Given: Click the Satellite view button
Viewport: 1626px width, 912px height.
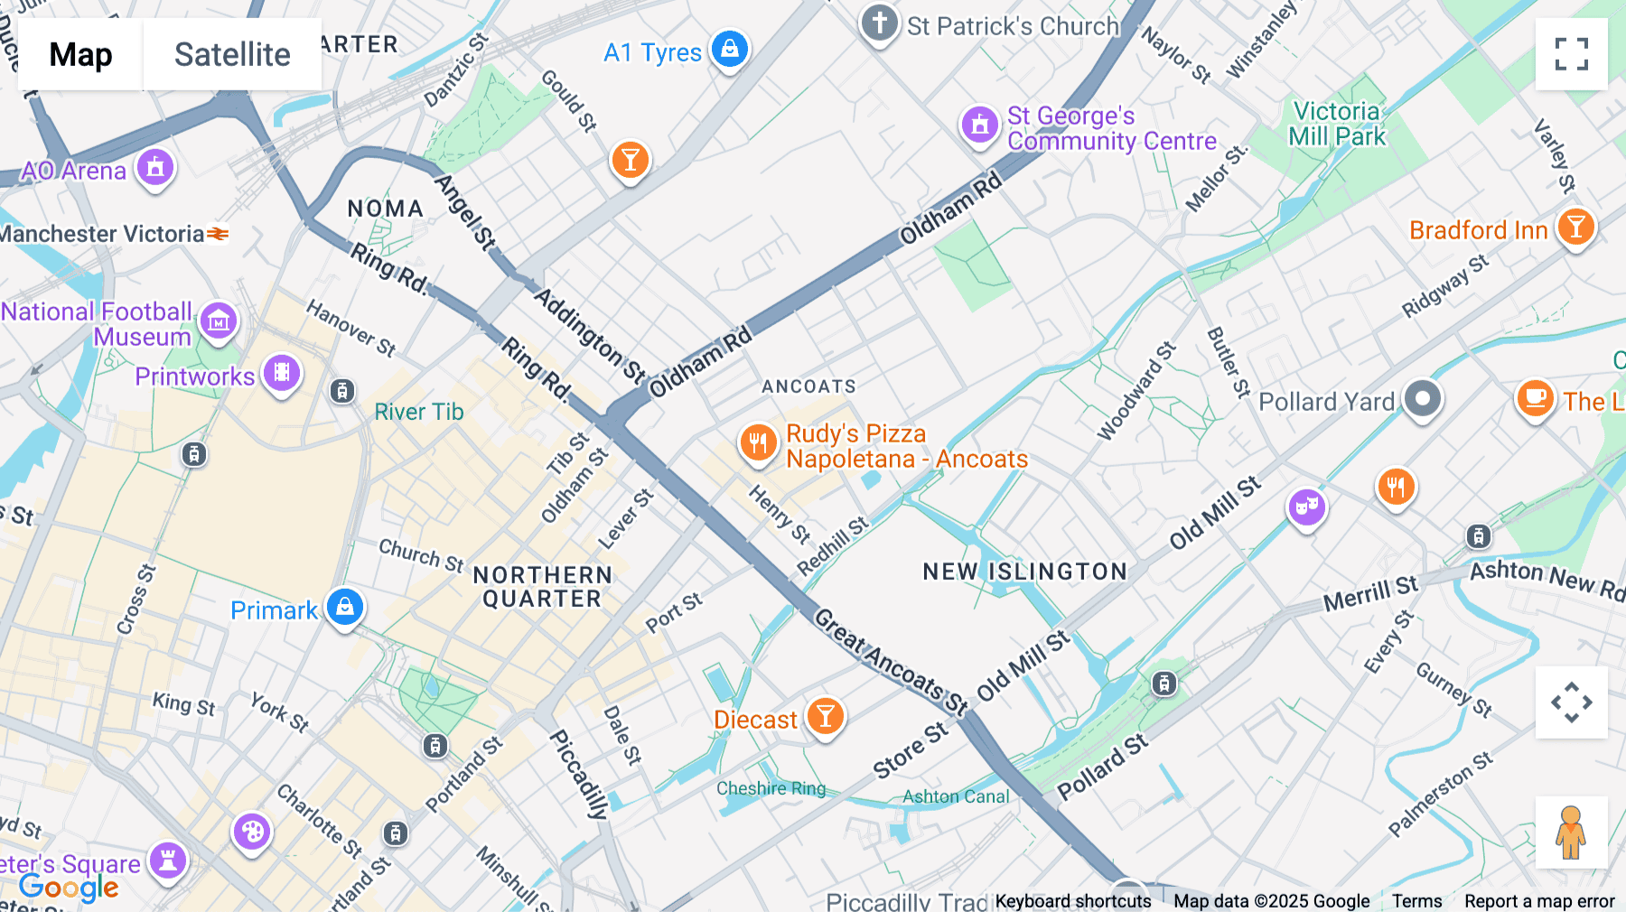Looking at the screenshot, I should (x=232, y=54).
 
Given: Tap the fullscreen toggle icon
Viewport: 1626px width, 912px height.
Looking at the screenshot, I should (x=1571, y=54).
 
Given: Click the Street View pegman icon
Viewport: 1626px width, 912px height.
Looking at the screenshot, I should (x=1571, y=833).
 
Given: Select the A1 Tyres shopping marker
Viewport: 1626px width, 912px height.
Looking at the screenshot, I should (x=729, y=48).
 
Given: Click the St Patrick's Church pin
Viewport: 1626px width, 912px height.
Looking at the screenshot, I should (x=879, y=23).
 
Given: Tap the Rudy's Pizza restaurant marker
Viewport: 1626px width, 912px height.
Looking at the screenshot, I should (x=758, y=443).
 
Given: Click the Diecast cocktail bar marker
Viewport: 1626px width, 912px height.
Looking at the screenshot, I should (x=825, y=717).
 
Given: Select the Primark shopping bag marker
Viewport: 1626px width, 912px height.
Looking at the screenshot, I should (x=344, y=608).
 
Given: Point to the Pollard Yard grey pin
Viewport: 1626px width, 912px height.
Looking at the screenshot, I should (x=1423, y=398).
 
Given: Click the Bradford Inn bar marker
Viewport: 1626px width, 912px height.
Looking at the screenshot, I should (x=1575, y=228).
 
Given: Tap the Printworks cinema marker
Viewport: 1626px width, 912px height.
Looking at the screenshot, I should (x=282, y=373).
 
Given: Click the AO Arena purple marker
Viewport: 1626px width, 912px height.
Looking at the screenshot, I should (x=155, y=168).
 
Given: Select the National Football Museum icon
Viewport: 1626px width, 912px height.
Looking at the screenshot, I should (x=219, y=321).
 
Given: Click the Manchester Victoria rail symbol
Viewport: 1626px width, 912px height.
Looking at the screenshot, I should (x=218, y=234).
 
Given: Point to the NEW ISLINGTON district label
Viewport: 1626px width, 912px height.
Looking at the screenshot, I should (x=1025, y=572).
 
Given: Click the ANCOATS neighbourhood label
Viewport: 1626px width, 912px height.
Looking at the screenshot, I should (x=808, y=386).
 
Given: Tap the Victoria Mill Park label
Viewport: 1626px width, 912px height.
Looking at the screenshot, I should (x=1336, y=125).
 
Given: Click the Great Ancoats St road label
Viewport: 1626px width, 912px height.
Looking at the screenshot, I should (x=890, y=661).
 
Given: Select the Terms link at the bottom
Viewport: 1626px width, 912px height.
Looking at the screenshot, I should (x=1416, y=901).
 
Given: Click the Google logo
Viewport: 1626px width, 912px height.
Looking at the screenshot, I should (x=69, y=887).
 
